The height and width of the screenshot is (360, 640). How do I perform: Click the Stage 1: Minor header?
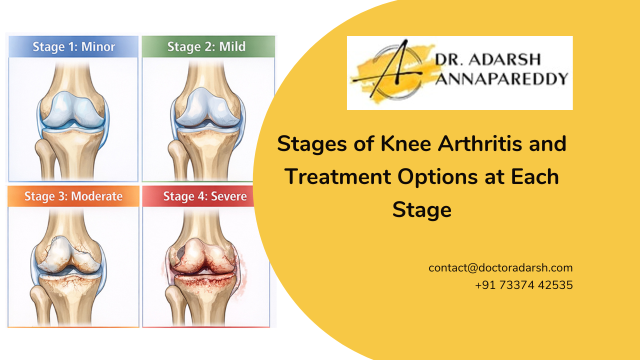point(73,47)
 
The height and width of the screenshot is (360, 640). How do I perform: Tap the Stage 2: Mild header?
point(206,47)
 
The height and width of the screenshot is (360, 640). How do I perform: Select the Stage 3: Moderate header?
point(73,196)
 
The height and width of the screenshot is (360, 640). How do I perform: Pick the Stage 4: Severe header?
point(205,196)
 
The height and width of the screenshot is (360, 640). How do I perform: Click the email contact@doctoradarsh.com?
point(500,267)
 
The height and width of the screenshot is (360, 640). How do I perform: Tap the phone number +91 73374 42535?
point(524,285)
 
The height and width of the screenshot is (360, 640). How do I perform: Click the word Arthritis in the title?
point(463,144)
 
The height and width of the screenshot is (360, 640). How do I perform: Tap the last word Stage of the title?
point(421,209)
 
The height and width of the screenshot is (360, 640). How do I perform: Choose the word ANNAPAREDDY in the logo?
point(501,78)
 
